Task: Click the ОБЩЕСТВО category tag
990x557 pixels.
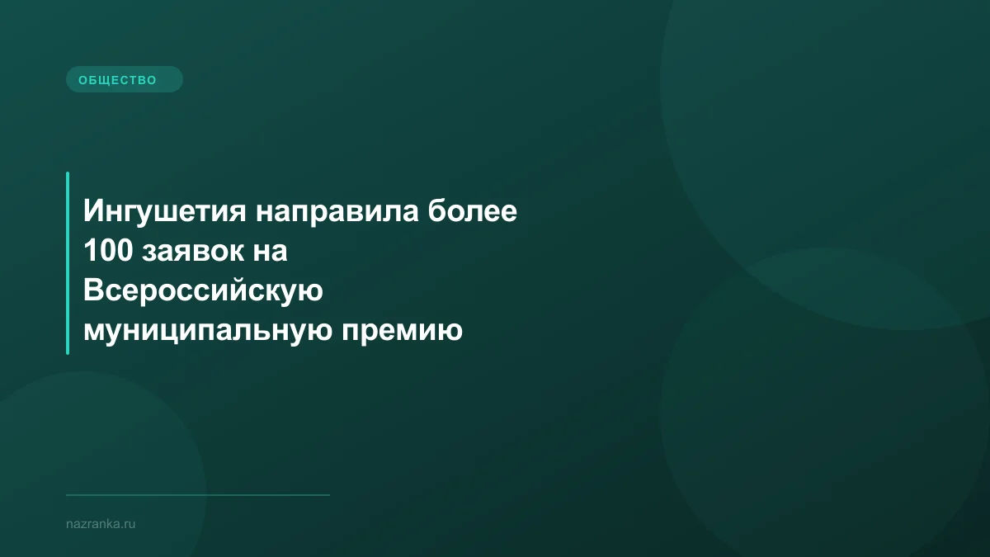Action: tap(124, 80)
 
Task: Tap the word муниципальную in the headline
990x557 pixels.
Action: tap(195, 331)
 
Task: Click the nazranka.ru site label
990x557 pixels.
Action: tap(100, 523)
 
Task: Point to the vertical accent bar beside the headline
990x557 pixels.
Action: tap(68, 263)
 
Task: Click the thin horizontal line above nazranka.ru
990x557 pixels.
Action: tap(198, 495)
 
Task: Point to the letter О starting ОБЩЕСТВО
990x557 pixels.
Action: tap(83, 80)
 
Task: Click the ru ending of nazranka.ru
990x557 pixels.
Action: tap(129, 524)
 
